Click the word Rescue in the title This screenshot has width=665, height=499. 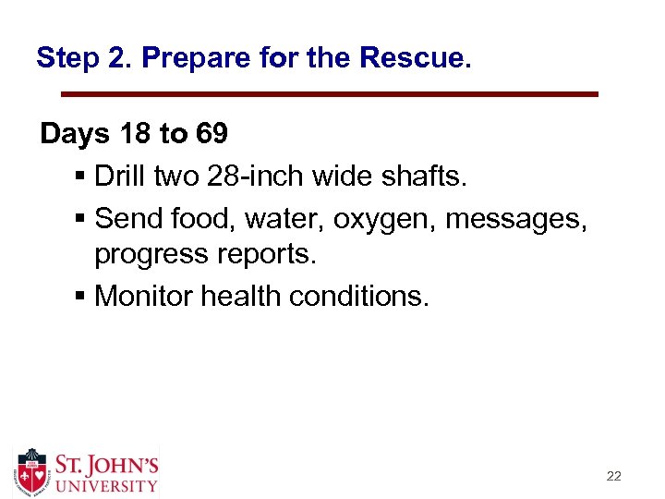pos(415,59)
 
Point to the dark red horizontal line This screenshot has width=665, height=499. pos(330,94)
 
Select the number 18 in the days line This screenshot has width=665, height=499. pos(136,135)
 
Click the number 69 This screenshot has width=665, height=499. pos(212,135)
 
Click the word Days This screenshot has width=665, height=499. pos(75,135)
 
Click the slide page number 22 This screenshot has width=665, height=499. pos(613,477)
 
